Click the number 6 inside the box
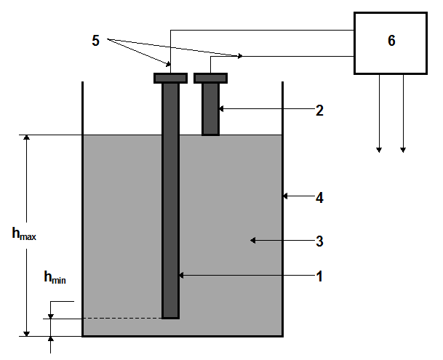391,41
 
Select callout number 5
95,41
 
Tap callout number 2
319,111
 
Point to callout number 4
319,197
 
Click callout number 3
319,240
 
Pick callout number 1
319,276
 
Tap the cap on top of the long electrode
171,78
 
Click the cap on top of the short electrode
211,78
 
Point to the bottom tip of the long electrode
170,316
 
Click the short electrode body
211,109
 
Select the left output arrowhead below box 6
379,149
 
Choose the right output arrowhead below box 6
403,149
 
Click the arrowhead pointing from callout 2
223,110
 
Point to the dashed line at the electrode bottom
109,318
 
